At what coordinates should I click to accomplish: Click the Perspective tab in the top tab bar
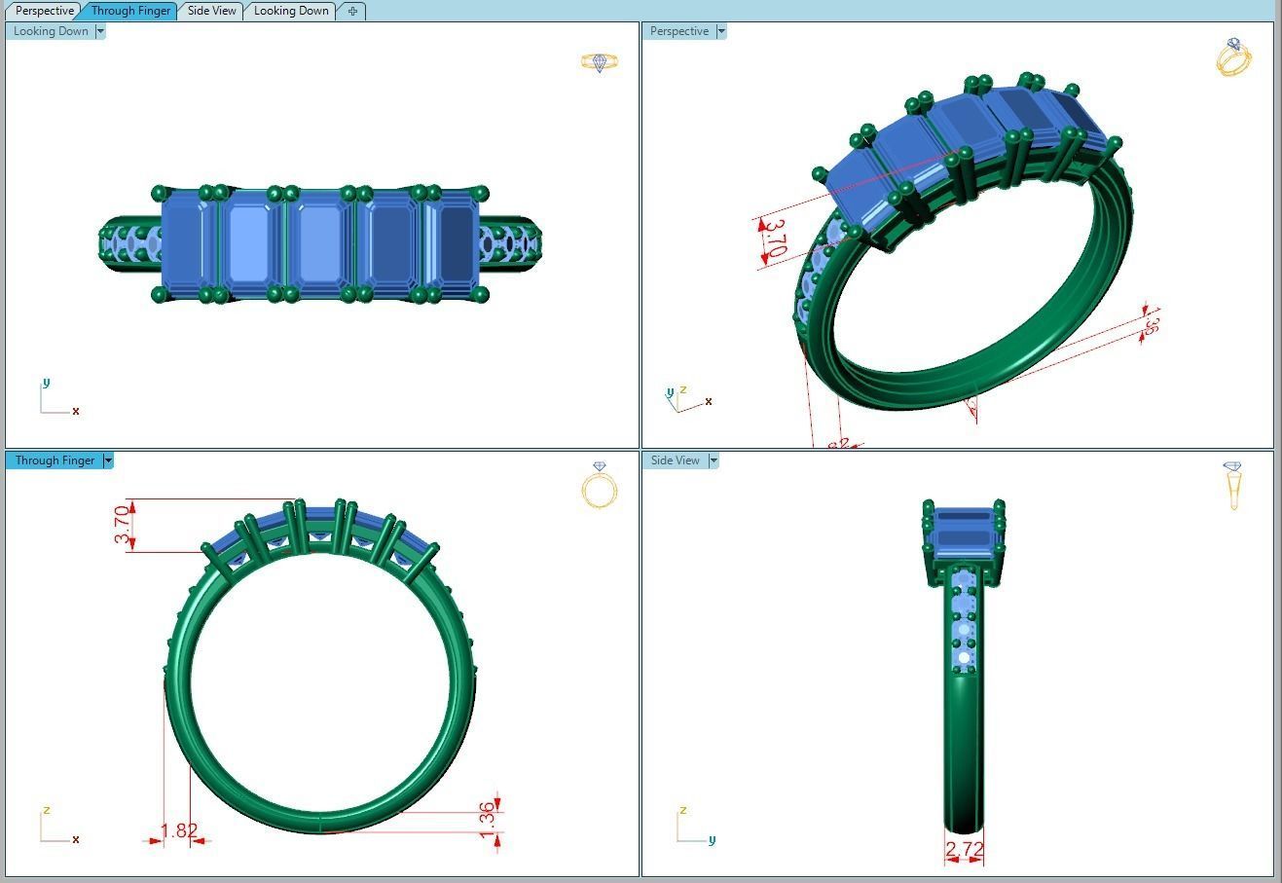point(45,11)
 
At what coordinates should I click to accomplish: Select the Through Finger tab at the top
point(130,11)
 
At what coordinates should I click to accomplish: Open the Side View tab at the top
point(211,11)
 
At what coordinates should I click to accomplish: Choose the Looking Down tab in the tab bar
point(291,11)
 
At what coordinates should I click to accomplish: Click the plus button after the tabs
point(352,11)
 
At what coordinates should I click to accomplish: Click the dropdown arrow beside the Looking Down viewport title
point(100,31)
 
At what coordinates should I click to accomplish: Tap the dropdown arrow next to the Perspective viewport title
point(721,31)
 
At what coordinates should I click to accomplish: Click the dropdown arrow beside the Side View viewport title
point(714,460)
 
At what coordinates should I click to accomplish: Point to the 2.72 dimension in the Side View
point(964,850)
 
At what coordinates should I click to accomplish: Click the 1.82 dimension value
point(179,830)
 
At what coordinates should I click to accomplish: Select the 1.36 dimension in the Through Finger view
point(488,816)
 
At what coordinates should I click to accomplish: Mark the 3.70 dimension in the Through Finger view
point(123,525)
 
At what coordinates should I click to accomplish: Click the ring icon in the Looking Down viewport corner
point(600,63)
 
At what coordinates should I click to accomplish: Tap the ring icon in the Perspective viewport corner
point(1233,57)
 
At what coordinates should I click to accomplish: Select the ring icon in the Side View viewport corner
point(1232,485)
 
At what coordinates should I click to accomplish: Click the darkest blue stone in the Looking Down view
point(455,243)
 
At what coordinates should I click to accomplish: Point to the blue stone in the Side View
point(963,531)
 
